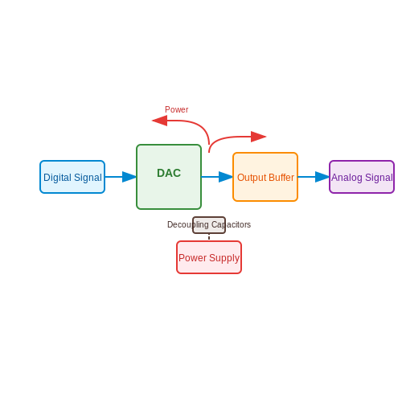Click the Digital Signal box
pos(72,177)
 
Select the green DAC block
pos(169,177)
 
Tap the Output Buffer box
pos(265,177)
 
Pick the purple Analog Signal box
pos(362,177)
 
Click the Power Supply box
pos(209,257)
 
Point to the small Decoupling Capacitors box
pos(209,225)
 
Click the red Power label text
pos(176,109)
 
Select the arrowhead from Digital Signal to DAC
pos(129,177)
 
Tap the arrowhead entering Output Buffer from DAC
pos(226,177)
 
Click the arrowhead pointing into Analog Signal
pos(322,177)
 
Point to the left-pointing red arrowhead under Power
pos(159,121)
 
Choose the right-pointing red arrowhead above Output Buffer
pos(259,137)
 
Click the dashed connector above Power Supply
pos(209,237)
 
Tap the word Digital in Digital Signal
pos(57,178)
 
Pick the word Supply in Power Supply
pos(224,258)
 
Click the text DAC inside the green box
pos(169,173)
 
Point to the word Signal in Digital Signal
pos(88,178)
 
